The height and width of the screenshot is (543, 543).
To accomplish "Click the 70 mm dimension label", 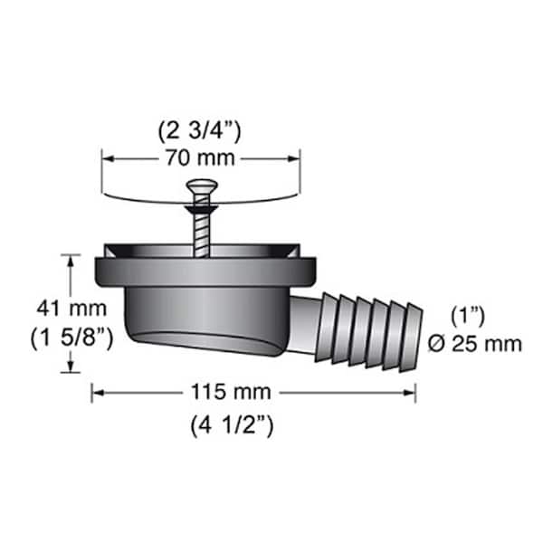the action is pos(200,158).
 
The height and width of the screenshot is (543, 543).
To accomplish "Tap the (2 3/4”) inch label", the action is pos(199,131).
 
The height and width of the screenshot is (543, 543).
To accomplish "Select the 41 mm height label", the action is pos(71,309).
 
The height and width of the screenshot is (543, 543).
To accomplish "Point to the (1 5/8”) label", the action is pos(72,338).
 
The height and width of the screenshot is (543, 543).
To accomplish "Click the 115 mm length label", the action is pos(232,392).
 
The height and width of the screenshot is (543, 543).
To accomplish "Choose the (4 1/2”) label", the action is pos(232,426).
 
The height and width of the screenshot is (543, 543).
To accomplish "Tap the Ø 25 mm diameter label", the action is pos(475,344).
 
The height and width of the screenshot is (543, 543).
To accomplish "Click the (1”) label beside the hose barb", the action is pos(468,317).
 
